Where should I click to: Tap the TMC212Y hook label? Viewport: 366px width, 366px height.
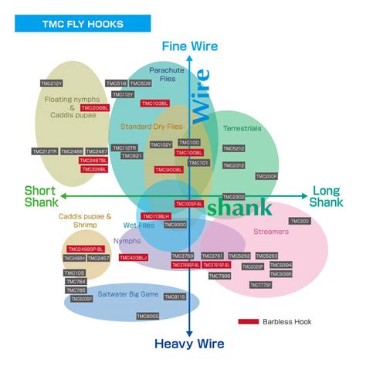(51, 83)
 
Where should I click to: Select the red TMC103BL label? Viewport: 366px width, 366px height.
(154, 103)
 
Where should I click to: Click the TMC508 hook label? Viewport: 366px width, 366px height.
(141, 83)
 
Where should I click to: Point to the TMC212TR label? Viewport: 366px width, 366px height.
(44, 151)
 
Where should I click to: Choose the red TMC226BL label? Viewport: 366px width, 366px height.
(94, 168)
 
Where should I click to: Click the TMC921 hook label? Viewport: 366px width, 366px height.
(132, 156)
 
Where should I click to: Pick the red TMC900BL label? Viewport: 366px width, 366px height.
(169, 170)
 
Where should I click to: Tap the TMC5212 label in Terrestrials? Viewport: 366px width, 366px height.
(234, 148)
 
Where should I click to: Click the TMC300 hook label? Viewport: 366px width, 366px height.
(300, 222)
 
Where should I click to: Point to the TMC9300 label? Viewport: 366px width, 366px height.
(175, 225)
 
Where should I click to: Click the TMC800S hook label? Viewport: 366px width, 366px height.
(147, 316)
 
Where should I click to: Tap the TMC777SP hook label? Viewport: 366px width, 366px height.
(260, 285)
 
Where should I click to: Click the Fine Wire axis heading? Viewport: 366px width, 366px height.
(190, 46)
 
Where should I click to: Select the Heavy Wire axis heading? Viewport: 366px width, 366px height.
(190, 344)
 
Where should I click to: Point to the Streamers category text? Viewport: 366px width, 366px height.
(271, 232)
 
